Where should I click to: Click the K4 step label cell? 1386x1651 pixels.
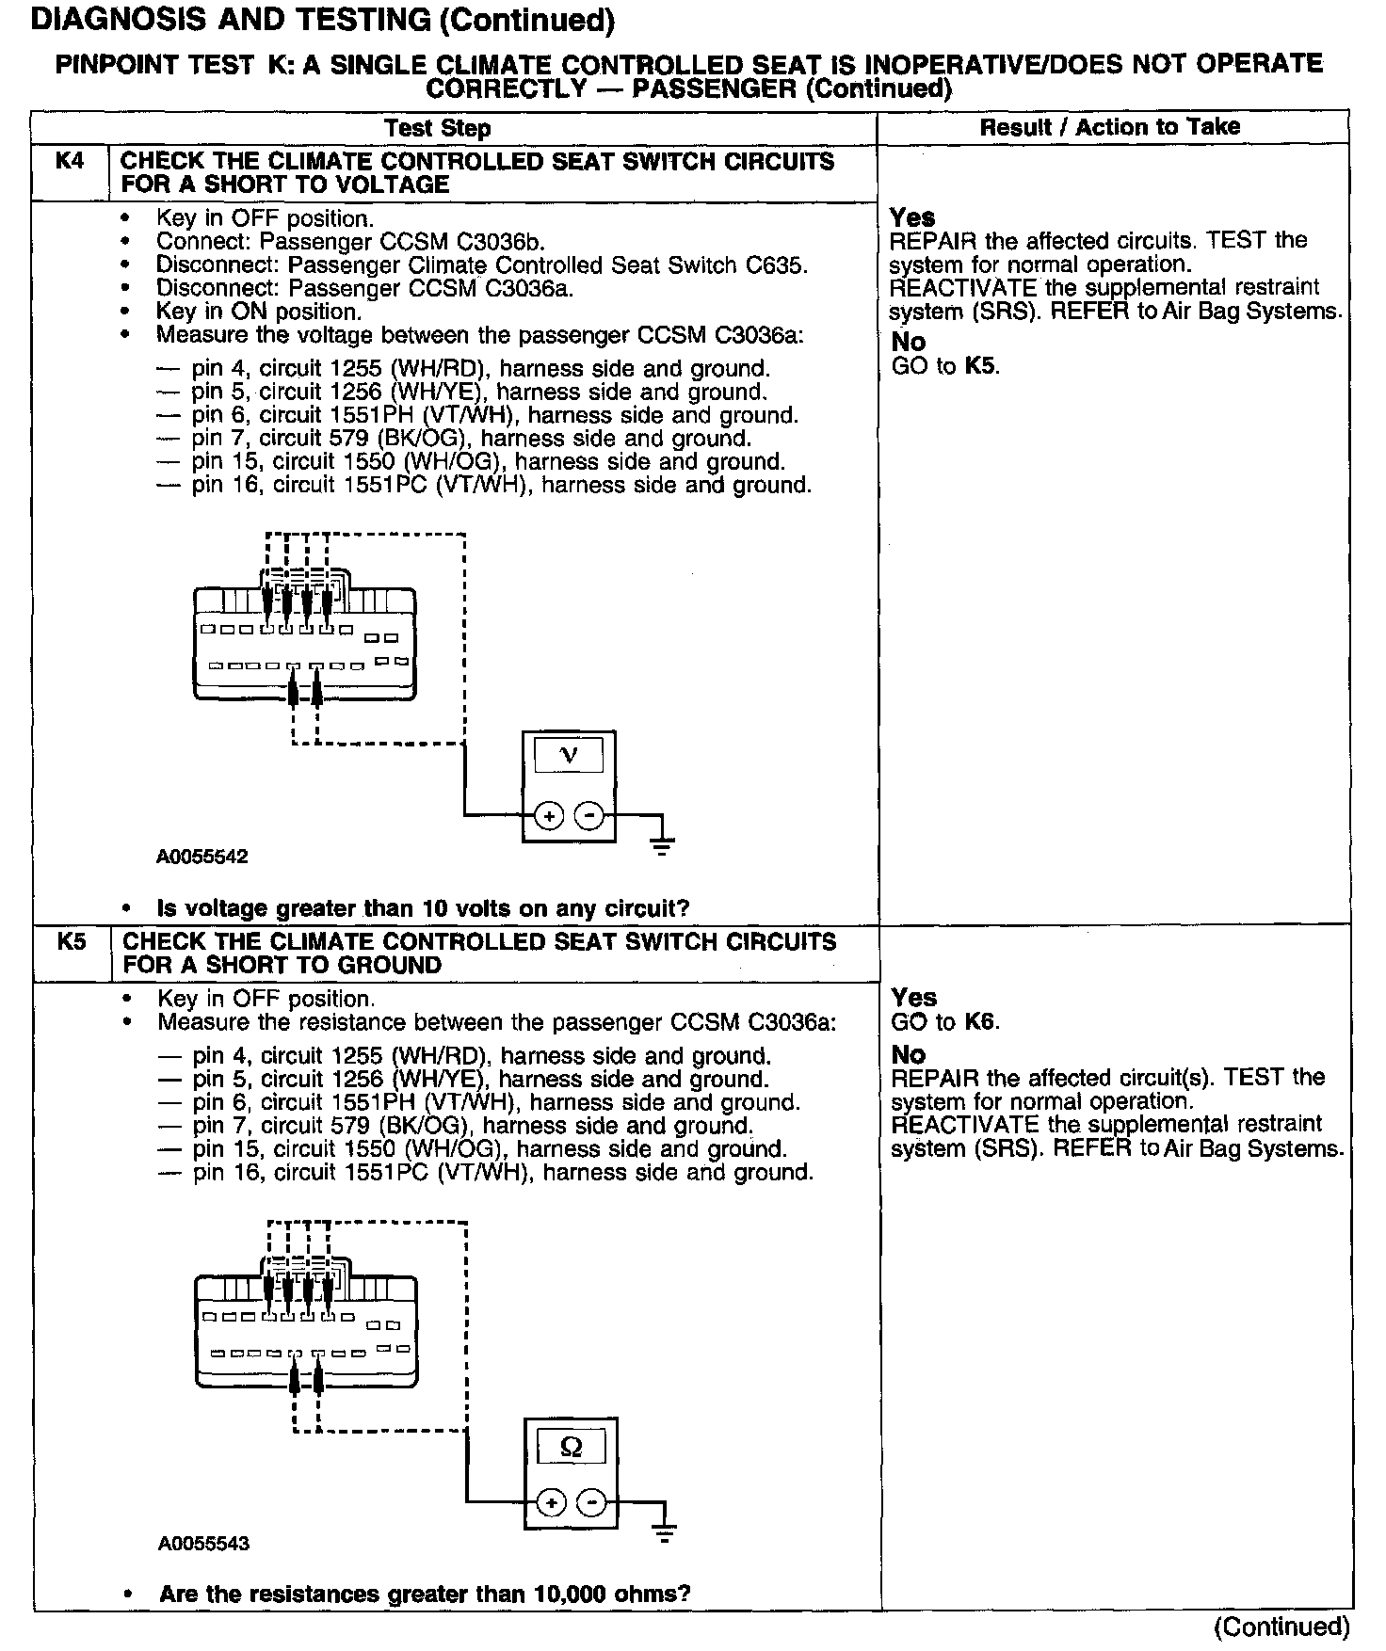click(70, 162)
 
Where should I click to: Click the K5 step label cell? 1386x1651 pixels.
click(72, 941)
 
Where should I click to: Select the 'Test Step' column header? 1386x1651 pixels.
click(438, 128)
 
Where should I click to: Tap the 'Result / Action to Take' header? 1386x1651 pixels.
click(1110, 127)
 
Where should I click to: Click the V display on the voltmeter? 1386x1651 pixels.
click(569, 755)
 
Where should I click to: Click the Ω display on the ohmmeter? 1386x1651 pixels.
click(571, 1446)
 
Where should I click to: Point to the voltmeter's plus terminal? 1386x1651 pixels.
click(548, 815)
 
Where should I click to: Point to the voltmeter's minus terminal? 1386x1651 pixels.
click(589, 815)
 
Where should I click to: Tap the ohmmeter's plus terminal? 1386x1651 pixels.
click(550, 1503)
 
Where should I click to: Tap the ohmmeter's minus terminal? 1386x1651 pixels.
click(591, 1503)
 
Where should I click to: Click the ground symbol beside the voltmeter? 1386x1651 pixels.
click(662, 844)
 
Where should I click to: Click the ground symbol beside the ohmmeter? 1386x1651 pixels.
click(665, 1532)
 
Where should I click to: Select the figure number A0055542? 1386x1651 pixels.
click(202, 857)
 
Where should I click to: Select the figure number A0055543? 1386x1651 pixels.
click(203, 1544)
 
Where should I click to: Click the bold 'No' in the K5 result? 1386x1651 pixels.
click(909, 1055)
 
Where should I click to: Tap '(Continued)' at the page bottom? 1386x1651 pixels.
click(1281, 1627)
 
